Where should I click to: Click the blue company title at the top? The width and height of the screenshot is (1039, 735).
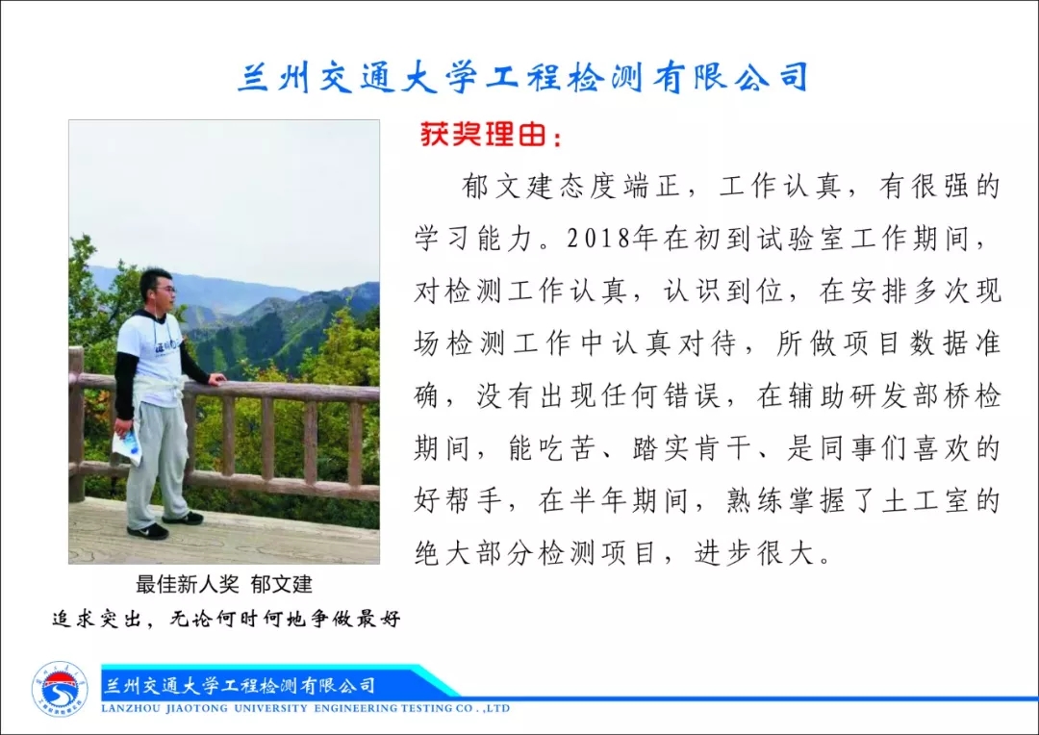point(523,77)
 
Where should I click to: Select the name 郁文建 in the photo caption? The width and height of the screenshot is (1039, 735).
point(282,584)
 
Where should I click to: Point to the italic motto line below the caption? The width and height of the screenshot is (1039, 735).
point(227,619)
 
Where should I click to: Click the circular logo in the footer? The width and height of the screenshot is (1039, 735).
point(60,690)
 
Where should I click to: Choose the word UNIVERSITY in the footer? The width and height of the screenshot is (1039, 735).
point(271,708)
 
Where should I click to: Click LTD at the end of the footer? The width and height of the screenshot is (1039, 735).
point(499,708)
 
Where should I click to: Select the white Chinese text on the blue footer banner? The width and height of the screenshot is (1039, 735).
point(239,685)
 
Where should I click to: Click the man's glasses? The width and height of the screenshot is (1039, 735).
point(167,289)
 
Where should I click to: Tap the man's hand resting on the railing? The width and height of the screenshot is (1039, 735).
point(216,379)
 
